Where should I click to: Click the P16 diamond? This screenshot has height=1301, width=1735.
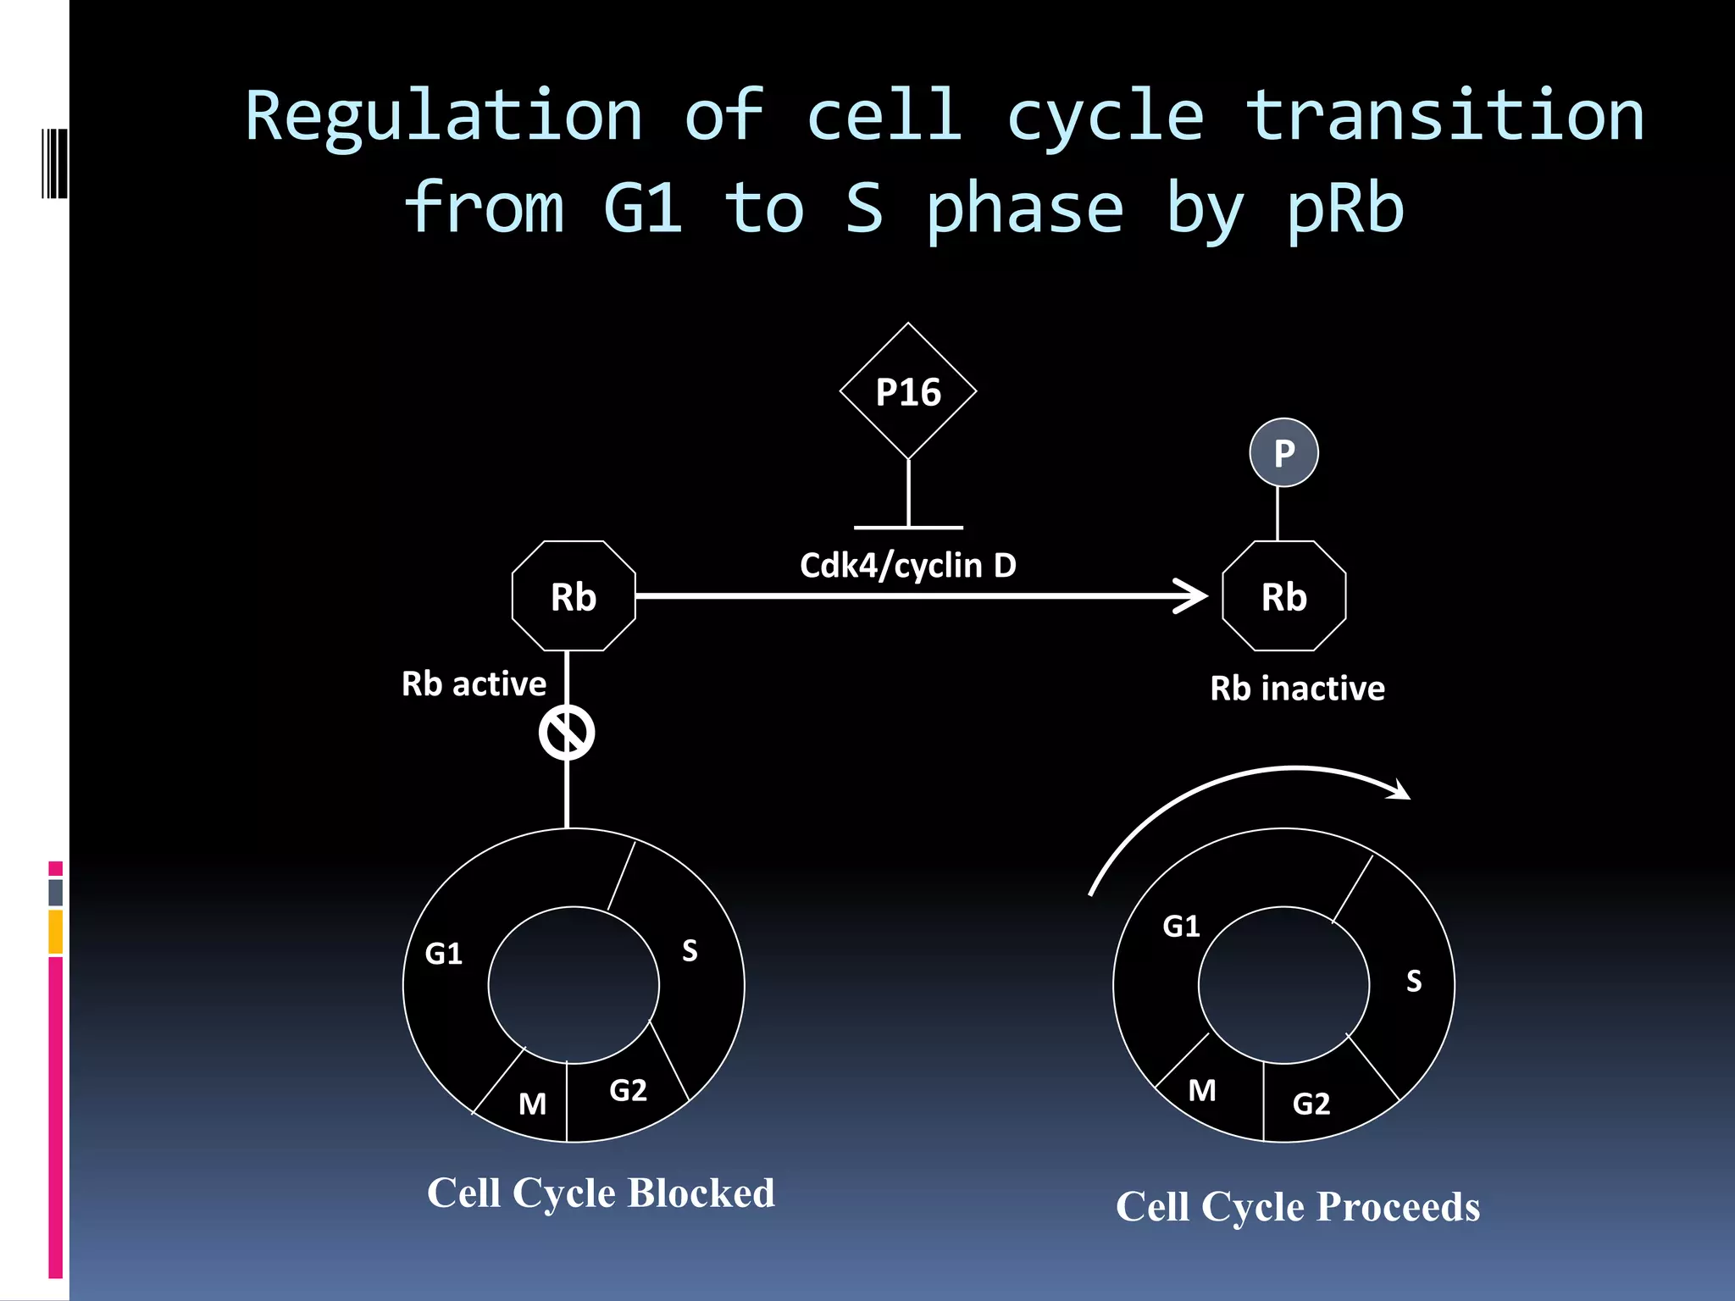pos(908,391)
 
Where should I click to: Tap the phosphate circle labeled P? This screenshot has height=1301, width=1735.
pos(1283,453)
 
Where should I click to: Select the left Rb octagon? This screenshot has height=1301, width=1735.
pos(574,596)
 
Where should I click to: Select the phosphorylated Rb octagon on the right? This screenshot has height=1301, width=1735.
pos(1283,596)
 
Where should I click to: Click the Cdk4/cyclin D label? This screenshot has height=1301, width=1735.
pos(907,566)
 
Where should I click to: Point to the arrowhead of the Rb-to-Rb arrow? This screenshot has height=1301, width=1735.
pos(1195,596)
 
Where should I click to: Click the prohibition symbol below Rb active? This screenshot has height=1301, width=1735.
pos(567,733)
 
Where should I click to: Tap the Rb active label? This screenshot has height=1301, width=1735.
pos(474,684)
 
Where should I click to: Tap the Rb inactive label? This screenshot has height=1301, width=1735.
pos(1297,689)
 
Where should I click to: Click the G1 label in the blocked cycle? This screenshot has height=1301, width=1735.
pos(444,954)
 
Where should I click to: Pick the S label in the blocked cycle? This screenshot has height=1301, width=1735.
pos(690,950)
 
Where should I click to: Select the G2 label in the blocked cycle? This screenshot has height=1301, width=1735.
pos(628,1090)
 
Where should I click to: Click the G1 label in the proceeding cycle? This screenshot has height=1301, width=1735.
pos(1181,927)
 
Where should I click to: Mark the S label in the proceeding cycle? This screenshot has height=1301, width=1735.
pos(1413,981)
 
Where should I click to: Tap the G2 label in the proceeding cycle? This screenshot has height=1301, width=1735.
pos(1311,1104)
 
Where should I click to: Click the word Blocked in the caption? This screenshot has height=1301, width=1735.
pos(701,1193)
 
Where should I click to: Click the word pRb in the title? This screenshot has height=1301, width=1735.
pos(1344,210)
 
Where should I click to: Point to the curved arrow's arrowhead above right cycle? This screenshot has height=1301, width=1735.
pos(1400,793)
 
